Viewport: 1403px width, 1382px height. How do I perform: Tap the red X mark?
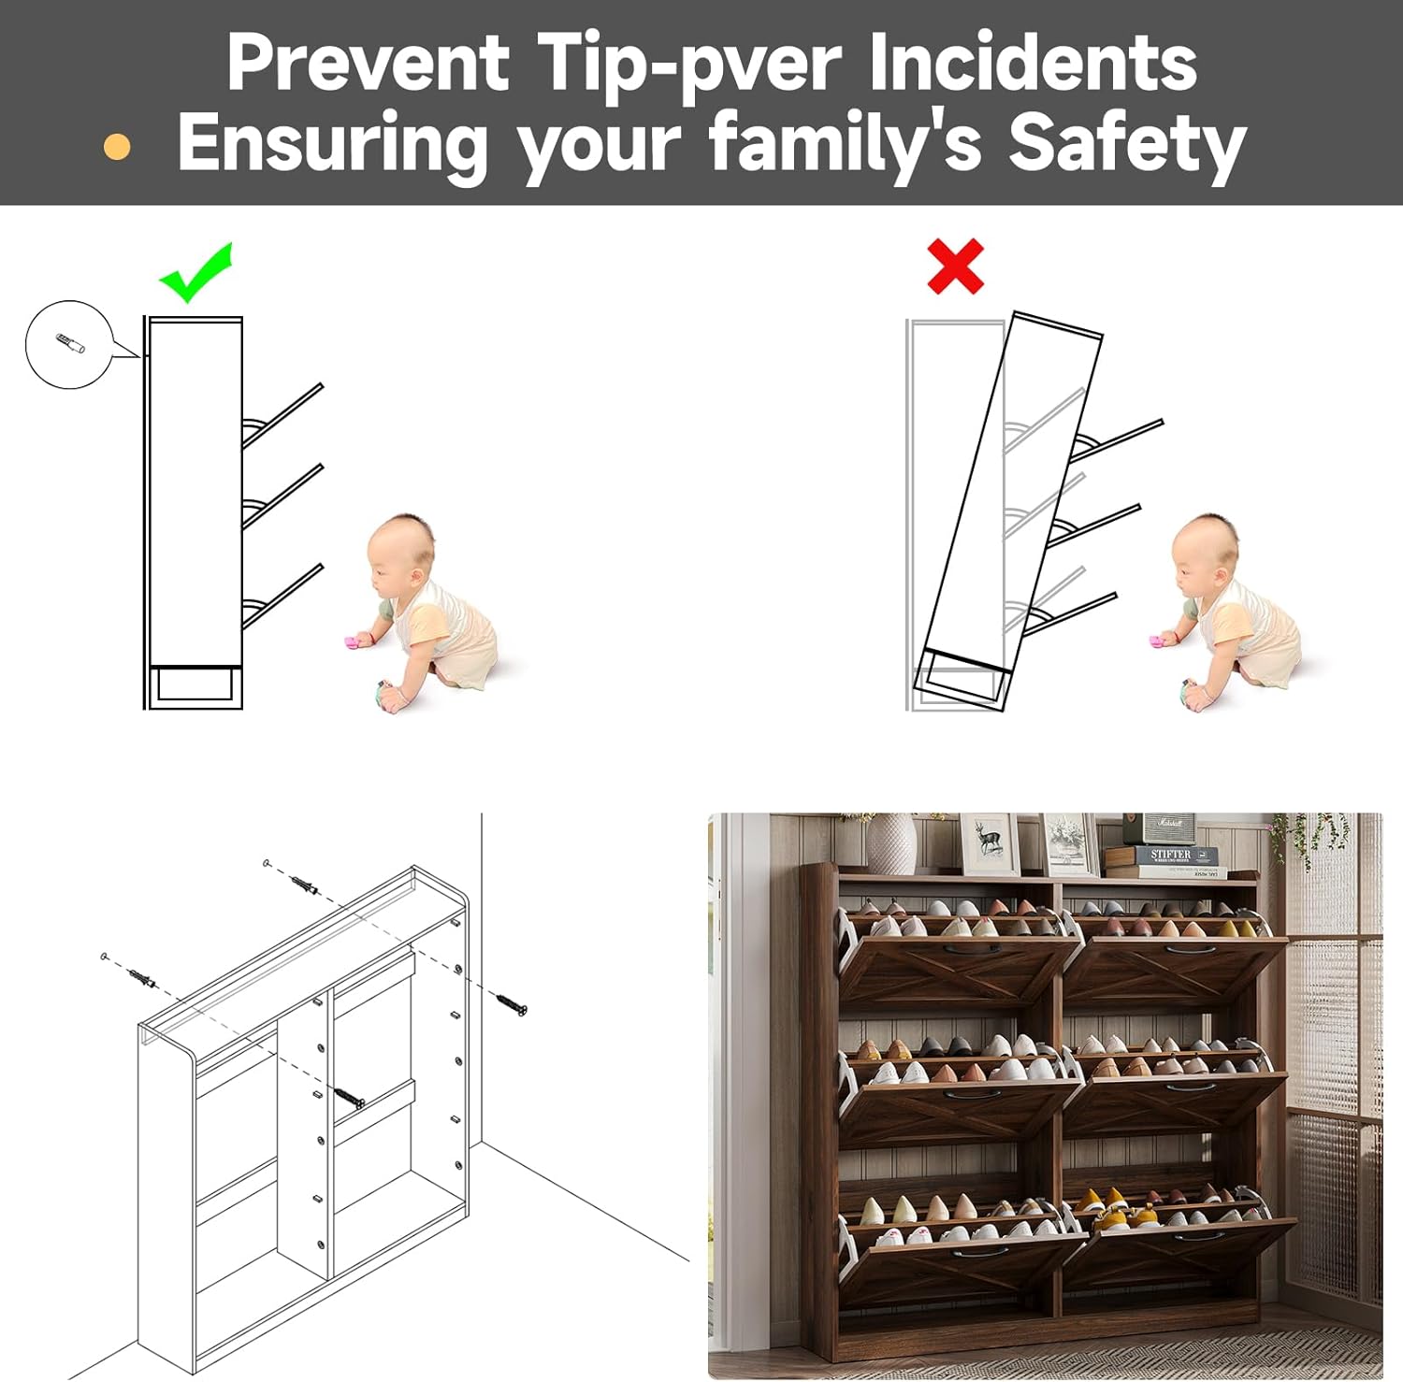pyautogui.click(x=955, y=266)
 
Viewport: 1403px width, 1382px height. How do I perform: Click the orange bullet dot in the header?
pyautogui.click(x=117, y=147)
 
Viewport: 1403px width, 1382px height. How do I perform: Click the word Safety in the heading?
pyautogui.click(x=1127, y=144)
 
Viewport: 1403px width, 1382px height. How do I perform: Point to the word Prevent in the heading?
pyautogui.click(x=368, y=62)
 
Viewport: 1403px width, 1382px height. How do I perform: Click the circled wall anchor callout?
pyautogui.click(x=69, y=344)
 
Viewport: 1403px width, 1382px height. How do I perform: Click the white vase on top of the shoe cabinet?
pyautogui.click(x=891, y=844)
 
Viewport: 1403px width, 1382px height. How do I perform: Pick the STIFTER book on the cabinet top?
pyautogui.click(x=1171, y=855)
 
